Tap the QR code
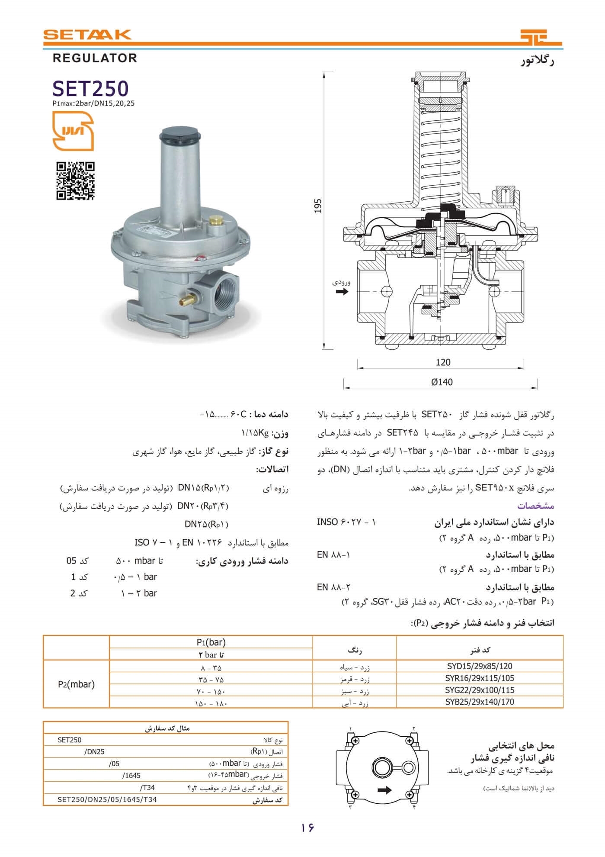click(75, 181)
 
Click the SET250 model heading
click(90, 89)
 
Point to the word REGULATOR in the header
click(95, 58)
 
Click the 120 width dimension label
click(443, 362)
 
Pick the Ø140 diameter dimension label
click(442, 382)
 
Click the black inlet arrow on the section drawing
click(342, 292)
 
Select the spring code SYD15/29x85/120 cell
click(479, 666)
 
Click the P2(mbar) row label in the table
click(76, 684)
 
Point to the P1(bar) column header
click(211, 642)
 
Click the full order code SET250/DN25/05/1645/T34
click(107, 799)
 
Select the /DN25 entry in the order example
click(95, 752)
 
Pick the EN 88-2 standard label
click(333, 587)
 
